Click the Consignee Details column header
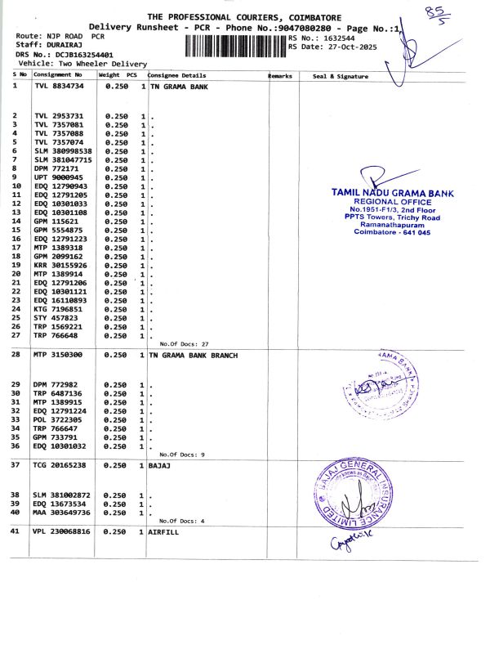click(176, 75)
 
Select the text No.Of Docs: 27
click(185, 343)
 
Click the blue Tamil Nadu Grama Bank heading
click(392, 193)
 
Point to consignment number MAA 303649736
click(62, 512)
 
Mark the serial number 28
click(16, 355)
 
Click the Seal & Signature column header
click(341, 76)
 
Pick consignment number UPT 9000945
click(58, 177)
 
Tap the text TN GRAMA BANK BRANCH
click(194, 356)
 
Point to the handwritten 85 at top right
click(444, 13)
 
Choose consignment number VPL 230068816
click(62, 531)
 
